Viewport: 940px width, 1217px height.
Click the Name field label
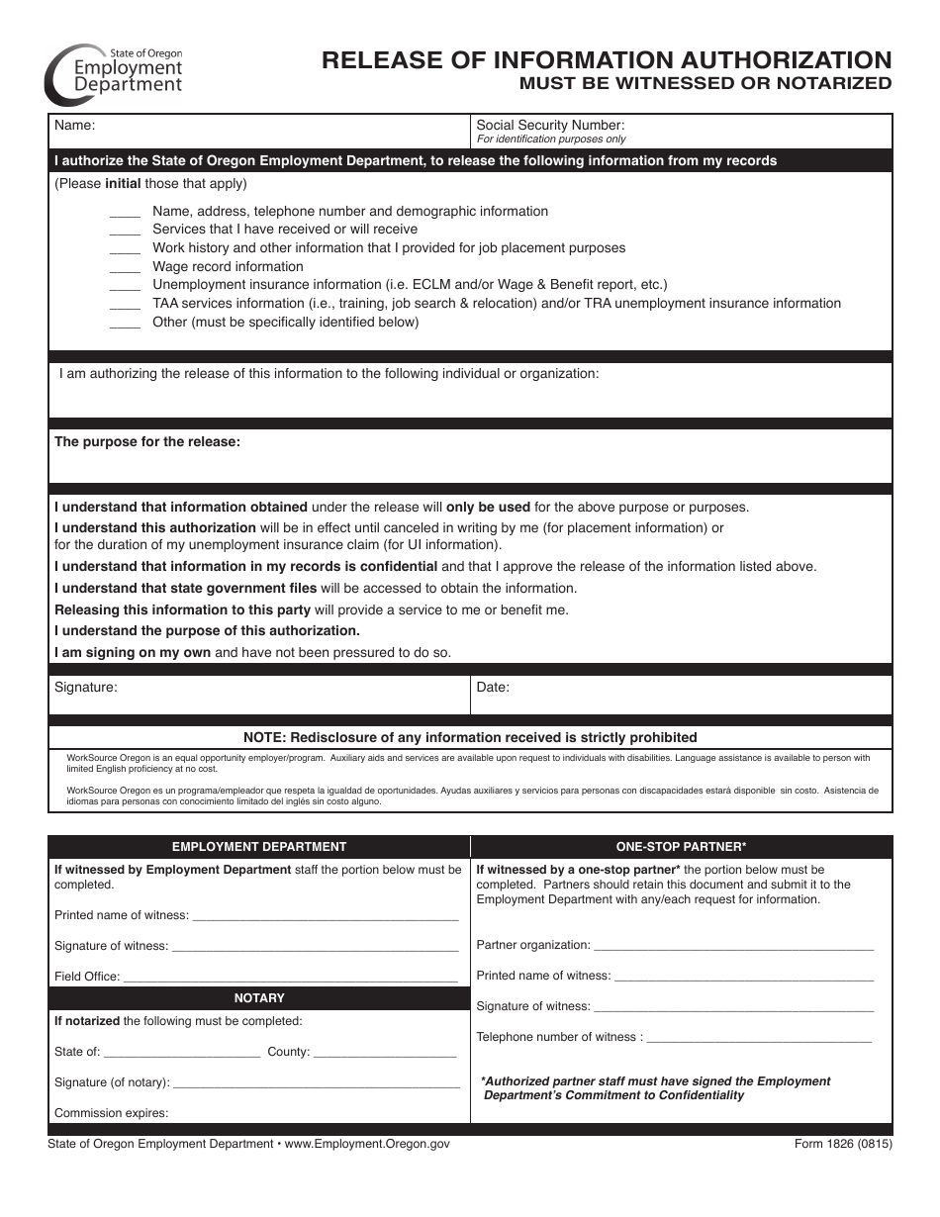click(x=74, y=126)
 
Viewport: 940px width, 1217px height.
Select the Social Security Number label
click(x=550, y=126)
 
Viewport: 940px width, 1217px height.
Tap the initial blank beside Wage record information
click(x=125, y=267)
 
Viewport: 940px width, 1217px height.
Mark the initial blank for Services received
click(x=125, y=230)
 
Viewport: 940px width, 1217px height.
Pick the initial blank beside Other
click(x=125, y=324)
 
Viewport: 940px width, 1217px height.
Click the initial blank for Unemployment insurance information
click(x=125, y=286)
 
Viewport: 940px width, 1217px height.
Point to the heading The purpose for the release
click(x=147, y=442)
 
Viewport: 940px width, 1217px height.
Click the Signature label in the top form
click(x=85, y=687)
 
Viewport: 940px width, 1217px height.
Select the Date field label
click(x=493, y=687)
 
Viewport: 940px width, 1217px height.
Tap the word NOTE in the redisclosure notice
click(x=266, y=737)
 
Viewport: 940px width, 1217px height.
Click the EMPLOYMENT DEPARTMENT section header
click(x=259, y=847)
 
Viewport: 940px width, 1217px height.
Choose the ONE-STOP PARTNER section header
click(x=681, y=847)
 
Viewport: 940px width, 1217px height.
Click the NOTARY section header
click(x=259, y=998)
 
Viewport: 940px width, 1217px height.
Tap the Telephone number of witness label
click(x=559, y=1037)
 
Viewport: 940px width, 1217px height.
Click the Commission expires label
click(x=111, y=1113)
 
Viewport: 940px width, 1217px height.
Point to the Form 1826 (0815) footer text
click(x=842, y=1144)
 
